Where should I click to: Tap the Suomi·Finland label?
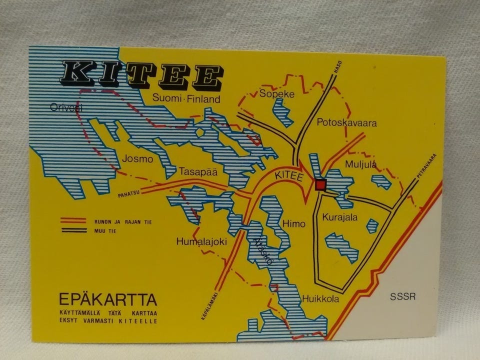[186, 99]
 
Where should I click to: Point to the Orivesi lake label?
[66, 107]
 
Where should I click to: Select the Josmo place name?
[136, 159]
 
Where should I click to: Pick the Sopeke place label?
[276, 94]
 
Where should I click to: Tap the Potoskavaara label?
[346, 122]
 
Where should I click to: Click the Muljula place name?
[360, 164]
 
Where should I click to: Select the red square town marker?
[320, 184]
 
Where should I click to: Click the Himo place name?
[293, 223]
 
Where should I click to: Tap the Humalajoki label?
[202, 241]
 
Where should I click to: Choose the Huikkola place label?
[320, 299]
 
